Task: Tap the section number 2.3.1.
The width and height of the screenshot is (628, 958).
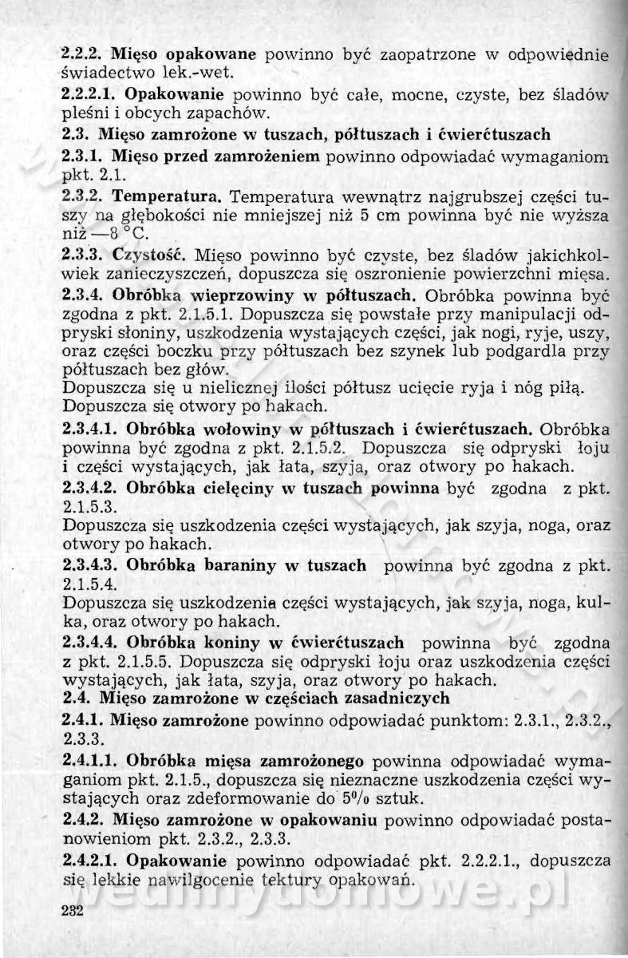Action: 83,152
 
